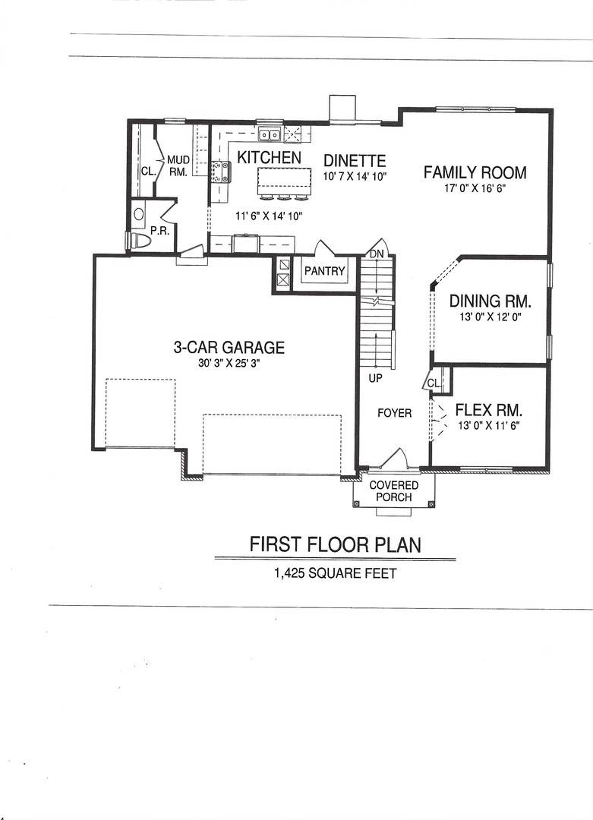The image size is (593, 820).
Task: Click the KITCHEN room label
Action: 269,158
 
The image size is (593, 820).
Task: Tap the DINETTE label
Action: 355,161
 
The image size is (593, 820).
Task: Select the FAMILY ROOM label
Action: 475,172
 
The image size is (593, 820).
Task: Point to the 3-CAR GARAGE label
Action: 229,348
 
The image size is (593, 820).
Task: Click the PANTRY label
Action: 324,271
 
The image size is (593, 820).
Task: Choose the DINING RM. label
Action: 489,300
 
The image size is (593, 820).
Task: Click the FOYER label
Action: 394,413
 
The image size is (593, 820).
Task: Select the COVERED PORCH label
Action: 393,491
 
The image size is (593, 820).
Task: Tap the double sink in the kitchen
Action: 270,136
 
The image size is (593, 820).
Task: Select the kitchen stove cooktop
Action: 221,172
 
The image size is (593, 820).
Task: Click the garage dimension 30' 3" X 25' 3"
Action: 229,364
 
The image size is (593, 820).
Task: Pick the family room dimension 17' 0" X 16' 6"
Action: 475,188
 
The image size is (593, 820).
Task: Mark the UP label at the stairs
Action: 375,377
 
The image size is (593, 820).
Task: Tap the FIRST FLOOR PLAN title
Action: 335,544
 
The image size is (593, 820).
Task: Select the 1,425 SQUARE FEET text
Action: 335,574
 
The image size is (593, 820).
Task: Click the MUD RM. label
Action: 178,166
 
